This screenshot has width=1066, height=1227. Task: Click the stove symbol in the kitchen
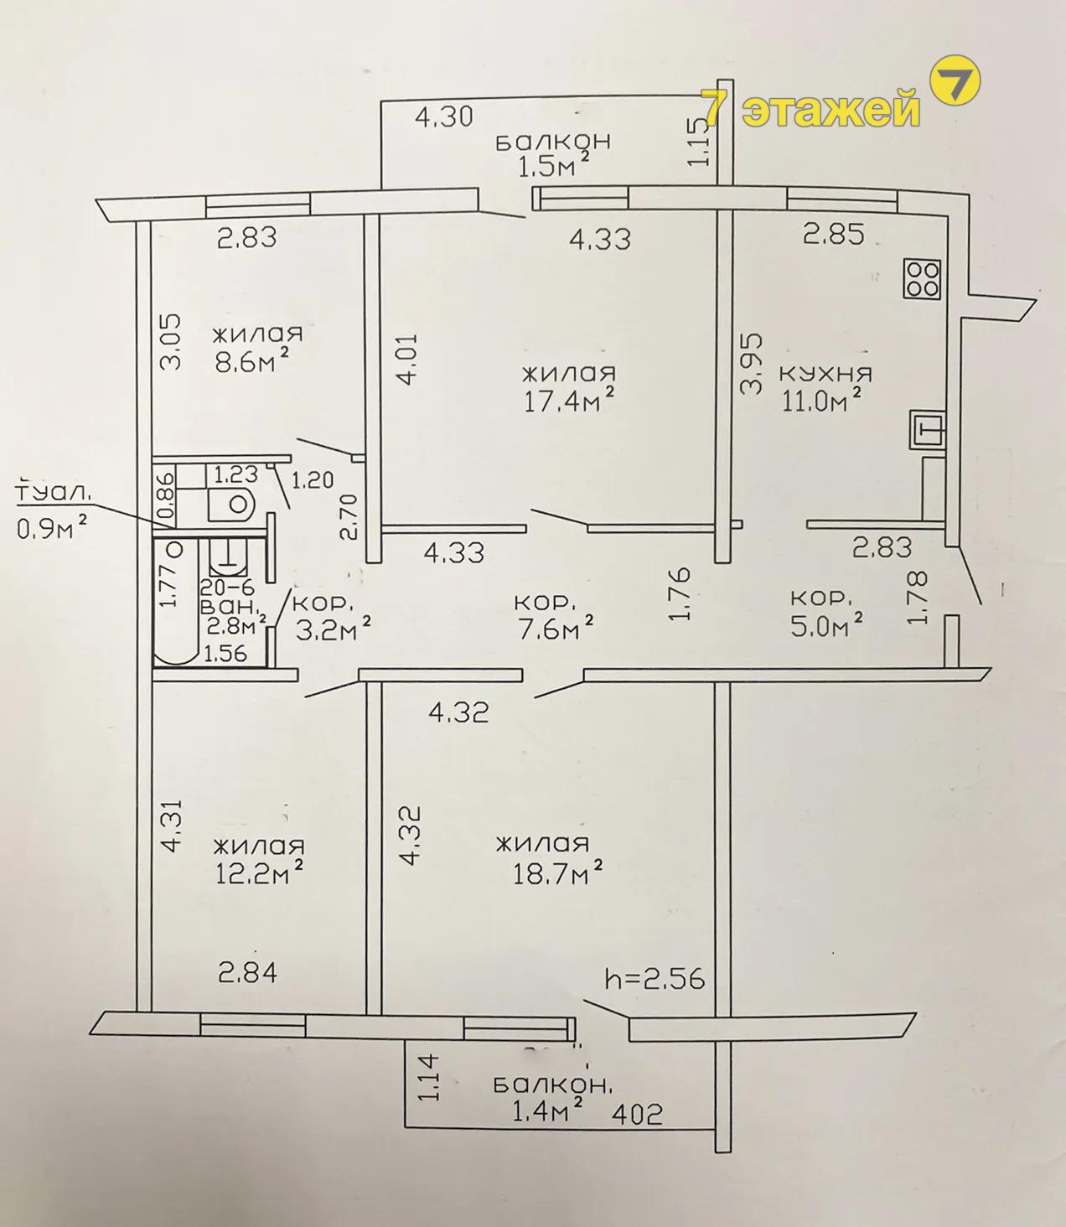coord(922,279)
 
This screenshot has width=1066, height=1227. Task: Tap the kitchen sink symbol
coord(928,429)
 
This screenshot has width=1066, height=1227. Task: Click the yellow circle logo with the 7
coord(954,84)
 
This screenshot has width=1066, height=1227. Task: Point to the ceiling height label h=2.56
coord(655,979)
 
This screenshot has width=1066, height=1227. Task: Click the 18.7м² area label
coord(557,874)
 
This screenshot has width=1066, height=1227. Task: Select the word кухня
coord(825,374)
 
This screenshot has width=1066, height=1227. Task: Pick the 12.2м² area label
coord(258,873)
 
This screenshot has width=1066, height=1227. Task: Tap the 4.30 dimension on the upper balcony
coord(443,116)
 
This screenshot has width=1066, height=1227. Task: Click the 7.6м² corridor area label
coord(554,626)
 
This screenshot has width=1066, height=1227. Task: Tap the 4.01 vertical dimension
coord(403,359)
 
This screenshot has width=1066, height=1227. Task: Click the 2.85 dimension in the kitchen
coord(833,234)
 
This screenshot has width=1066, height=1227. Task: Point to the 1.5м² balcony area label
coord(553,166)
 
